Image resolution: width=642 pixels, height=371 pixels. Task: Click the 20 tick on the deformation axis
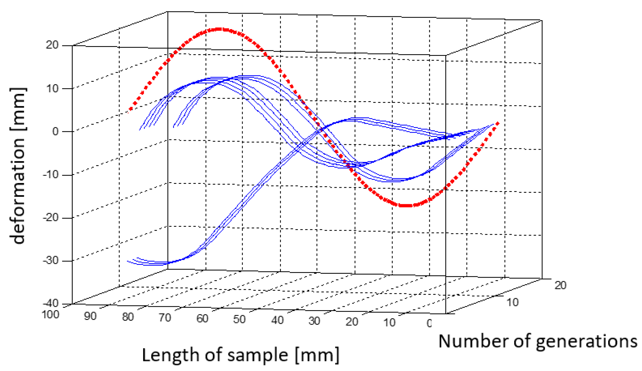[x=52, y=45]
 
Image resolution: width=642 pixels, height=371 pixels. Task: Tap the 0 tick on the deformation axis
[x=55, y=131]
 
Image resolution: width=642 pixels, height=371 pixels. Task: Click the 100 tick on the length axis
[x=51, y=314]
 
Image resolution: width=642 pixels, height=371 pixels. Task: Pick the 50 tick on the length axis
[x=239, y=319]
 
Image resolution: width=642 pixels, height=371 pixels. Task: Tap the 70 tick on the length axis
[x=165, y=318]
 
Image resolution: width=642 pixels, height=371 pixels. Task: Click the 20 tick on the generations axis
[x=560, y=285]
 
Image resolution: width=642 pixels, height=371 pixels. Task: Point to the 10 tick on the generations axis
[x=512, y=302]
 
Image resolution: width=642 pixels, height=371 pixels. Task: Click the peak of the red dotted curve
[x=219, y=29]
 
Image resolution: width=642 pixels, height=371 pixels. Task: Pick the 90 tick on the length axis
[x=90, y=316]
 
